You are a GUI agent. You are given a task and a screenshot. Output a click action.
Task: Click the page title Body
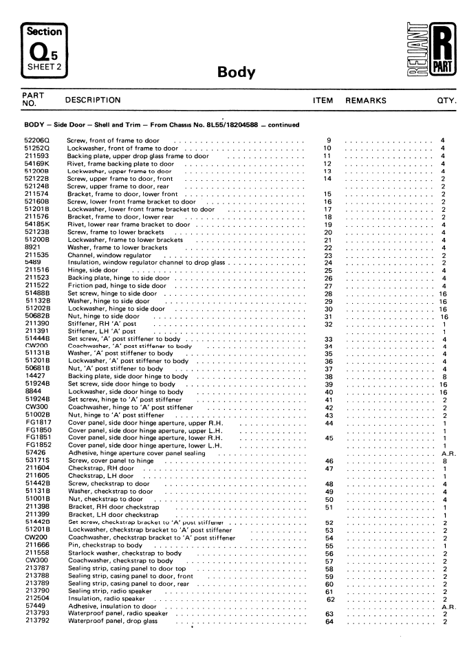pyautogui.click(x=236, y=72)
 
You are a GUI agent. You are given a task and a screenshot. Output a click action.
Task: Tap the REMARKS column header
pyautogui.click(x=365, y=100)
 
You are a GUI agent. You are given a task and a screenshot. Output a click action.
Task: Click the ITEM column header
pyautogui.click(x=323, y=100)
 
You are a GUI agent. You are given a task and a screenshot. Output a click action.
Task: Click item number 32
pyautogui.click(x=328, y=323)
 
